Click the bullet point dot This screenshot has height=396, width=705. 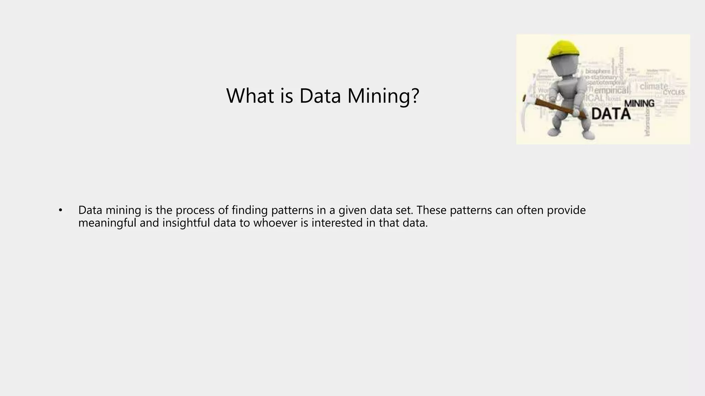point(61,210)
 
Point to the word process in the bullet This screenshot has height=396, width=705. point(195,210)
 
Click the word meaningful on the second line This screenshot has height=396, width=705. point(107,223)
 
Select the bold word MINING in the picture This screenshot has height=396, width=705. point(639,103)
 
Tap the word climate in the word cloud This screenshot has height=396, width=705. point(654,86)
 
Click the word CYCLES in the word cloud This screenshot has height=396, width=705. point(674,92)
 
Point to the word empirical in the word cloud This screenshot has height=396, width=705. point(611,90)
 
